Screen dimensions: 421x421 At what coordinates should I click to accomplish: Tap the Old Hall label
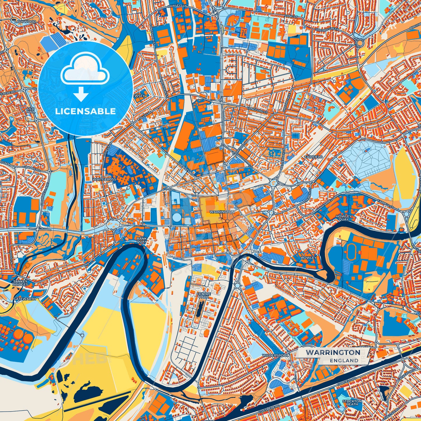coord(31,110)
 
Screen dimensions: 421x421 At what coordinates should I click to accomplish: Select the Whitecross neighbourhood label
coord(104,179)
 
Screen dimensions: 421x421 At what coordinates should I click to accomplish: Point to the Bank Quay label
coord(142,240)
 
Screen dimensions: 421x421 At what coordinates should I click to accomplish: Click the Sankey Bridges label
coord(20,283)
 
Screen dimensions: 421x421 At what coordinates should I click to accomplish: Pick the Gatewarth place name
coord(25,299)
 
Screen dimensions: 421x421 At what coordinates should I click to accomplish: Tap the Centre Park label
coord(204,296)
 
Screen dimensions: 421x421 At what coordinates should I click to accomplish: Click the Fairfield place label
coord(313,157)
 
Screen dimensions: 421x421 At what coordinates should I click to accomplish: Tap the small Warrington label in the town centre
coord(222,212)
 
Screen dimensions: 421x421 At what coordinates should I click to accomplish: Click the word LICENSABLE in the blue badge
coord(85,111)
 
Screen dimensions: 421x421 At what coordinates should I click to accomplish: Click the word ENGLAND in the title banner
coord(344,360)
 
